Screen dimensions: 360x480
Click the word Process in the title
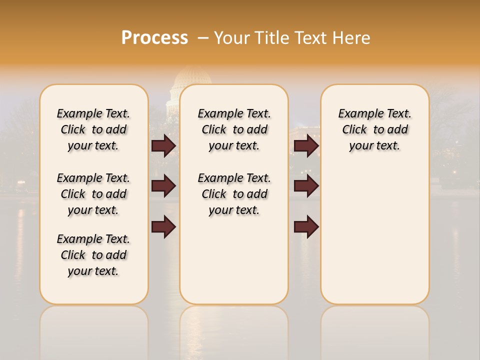tap(154, 38)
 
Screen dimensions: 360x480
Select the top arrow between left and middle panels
tap(163, 146)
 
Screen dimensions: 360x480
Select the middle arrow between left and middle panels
tap(163, 186)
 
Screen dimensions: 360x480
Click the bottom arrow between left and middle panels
tap(163, 227)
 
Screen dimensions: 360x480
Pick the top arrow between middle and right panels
tap(306, 146)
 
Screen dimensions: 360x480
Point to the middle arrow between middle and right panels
tap(306, 186)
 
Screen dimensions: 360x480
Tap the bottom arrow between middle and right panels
tap(306, 227)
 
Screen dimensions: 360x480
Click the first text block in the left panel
tap(93, 129)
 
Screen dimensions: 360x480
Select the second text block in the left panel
tap(93, 194)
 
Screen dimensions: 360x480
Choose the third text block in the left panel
tap(93, 255)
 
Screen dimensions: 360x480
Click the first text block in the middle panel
tap(234, 129)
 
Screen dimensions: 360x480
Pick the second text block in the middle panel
tap(234, 194)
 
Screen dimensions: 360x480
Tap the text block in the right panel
tap(374, 129)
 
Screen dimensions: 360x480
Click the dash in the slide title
tap(203, 38)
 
